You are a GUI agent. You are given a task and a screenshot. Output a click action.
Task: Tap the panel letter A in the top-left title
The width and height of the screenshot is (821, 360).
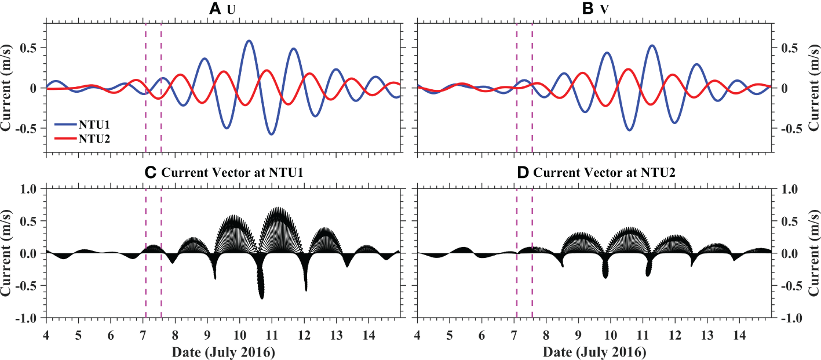click(215, 8)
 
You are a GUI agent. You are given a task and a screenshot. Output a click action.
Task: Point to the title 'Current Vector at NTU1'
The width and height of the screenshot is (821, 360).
click(223, 172)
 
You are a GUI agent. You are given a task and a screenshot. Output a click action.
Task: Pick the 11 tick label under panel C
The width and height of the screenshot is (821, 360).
click(272, 336)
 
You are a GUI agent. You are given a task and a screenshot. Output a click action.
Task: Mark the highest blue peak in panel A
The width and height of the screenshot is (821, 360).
click(249, 41)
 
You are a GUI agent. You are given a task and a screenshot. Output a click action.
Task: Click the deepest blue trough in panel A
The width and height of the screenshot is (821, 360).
click(271, 134)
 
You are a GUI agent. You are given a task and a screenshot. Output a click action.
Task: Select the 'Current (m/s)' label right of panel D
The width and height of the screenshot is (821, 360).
click(814, 253)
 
